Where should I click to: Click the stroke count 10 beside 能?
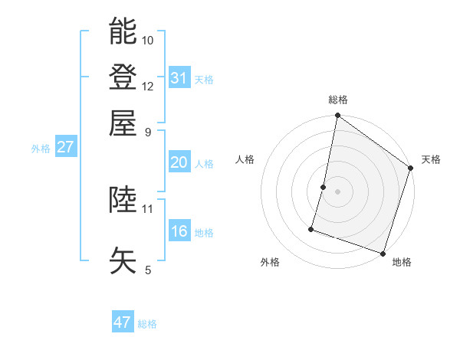coord(148,40)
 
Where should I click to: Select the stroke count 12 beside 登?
coord(148,86)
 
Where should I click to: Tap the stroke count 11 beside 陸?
coord(148,208)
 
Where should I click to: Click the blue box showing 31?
coord(179,77)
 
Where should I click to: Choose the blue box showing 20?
coord(179,162)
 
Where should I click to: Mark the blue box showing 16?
coord(179,231)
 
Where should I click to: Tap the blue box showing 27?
coord(65,147)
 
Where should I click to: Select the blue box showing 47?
coord(123,322)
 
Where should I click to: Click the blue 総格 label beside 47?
coord(148,324)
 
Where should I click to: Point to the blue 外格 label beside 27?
coord(41,149)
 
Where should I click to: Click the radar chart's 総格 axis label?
coord(338,100)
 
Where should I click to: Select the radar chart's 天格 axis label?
coord(431,159)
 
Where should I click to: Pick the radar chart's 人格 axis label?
coord(245,159)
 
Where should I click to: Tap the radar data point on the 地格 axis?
coord(382,253)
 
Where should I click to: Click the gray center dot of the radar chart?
coord(337,191)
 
